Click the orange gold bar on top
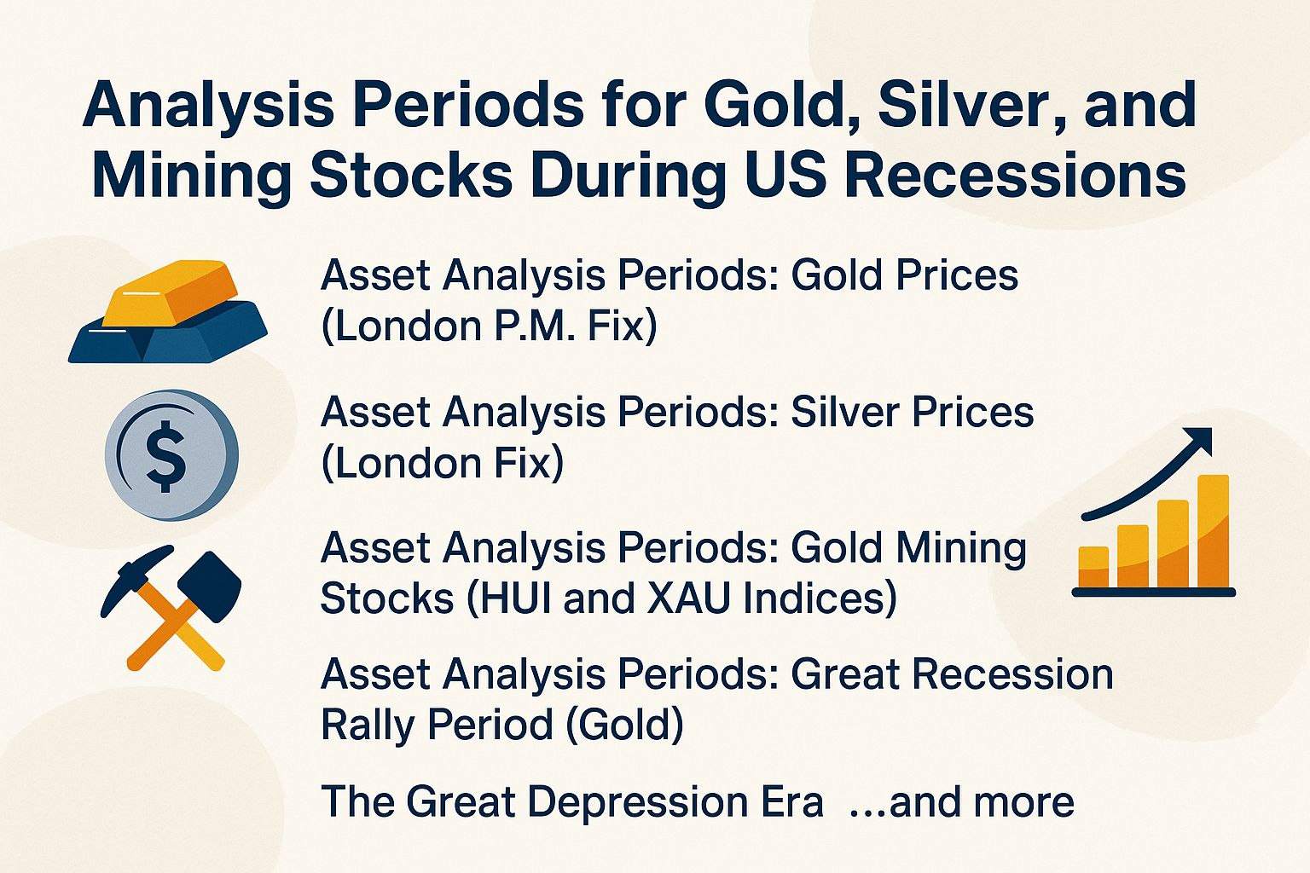[177, 293]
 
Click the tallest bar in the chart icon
[1213, 530]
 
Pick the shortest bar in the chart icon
[1093, 566]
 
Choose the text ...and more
[961, 802]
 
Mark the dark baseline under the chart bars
[1153, 592]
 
